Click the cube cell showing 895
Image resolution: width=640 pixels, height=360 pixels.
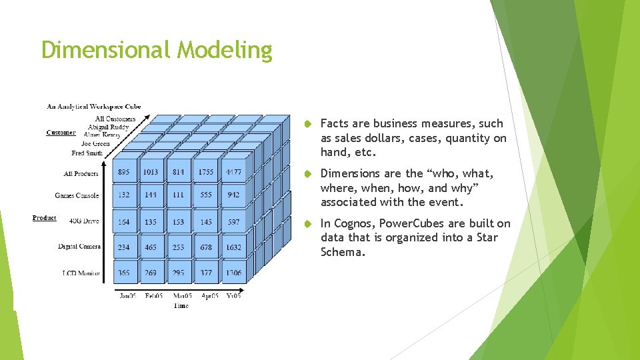[124, 172]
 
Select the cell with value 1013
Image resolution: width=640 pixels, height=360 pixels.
[151, 172]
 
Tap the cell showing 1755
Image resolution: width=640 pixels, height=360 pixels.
[206, 172]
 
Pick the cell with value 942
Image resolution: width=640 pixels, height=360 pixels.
[233, 195]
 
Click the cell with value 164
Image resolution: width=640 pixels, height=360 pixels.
[124, 222]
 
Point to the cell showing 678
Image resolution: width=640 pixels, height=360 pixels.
[206, 247]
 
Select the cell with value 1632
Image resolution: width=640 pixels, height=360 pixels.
[233, 247]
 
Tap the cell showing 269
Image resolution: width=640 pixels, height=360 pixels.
[151, 273]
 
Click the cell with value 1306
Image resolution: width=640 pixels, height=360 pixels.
[233, 273]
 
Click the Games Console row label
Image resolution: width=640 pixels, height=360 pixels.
[77, 195]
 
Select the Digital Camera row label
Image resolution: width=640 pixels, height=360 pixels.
[79, 247]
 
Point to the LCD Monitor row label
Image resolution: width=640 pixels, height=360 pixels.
[81, 273]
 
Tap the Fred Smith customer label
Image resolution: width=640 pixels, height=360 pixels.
[87, 153]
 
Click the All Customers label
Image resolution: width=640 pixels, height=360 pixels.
[115, 119]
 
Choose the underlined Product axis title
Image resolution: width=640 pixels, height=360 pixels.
[44, 218]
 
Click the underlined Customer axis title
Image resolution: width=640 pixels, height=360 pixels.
[61, 133]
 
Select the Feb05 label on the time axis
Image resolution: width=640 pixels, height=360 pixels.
[153, 295]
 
